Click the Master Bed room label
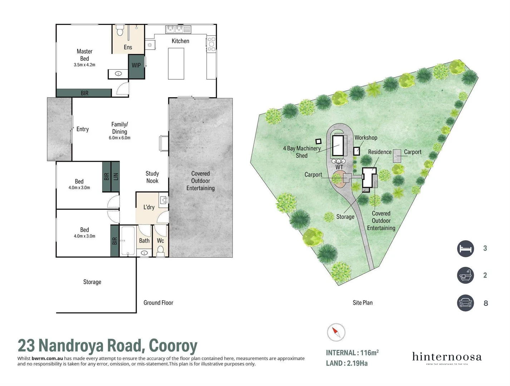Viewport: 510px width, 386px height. tap(84, 55)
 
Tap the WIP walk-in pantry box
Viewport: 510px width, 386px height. tap(136, 65)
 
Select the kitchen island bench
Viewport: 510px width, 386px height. tap(176, 64)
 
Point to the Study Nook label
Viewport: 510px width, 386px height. tap(152, 177)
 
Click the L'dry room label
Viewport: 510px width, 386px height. tap(149, 207)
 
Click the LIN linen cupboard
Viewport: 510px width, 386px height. tap(116, 176)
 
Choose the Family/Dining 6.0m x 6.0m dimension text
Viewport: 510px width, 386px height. tap(119, 138)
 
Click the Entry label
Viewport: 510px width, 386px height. tap(83, 129)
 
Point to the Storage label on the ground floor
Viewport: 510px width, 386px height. tap(92, 282)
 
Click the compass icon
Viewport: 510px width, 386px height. tap(336, 332)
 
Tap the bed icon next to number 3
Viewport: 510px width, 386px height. tap(465, 248)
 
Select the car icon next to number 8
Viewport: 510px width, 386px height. tap(465, 303)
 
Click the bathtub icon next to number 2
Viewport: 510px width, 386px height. tap(465, 276)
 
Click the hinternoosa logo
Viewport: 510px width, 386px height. tap(447, 357)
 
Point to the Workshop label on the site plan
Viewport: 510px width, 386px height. tap(366, 138)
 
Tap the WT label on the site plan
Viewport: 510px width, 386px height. tap(339, 167)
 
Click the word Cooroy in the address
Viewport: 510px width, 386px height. tap(173, 346)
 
